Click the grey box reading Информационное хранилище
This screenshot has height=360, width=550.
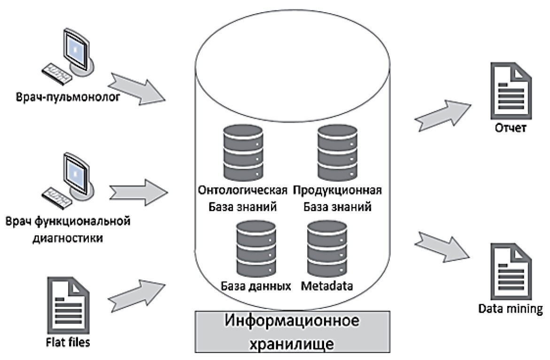(x=292, y=331)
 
